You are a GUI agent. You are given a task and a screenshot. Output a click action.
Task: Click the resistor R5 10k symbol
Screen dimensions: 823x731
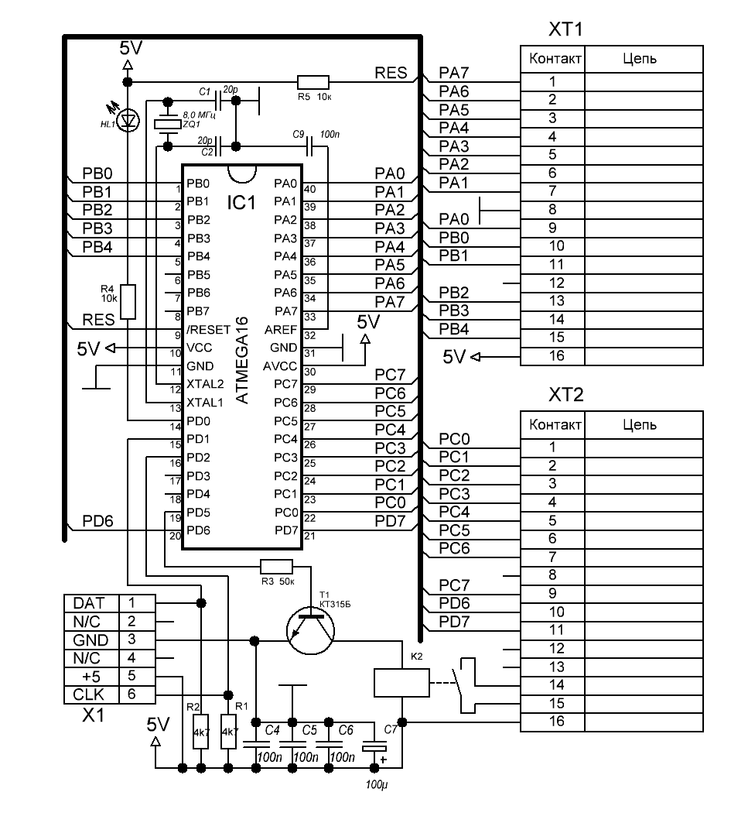(x=313, y=82)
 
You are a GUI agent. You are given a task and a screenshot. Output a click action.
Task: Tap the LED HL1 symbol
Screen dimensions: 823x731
(x=128, y=119)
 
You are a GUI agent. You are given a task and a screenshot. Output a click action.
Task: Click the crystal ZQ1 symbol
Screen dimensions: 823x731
(x=166, y=123)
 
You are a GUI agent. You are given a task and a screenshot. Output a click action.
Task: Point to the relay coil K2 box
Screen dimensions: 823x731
(x=401, y=682)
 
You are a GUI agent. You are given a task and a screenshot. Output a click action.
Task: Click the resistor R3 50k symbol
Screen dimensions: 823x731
(x=276, y=567)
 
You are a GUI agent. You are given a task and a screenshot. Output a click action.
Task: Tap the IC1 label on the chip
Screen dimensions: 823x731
(x=241, y=204)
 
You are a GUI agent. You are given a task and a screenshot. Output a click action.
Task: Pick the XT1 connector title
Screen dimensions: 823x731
(x=565, y=31)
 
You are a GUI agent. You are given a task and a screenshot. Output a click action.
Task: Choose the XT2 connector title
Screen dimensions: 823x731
(x=565, y=396)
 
